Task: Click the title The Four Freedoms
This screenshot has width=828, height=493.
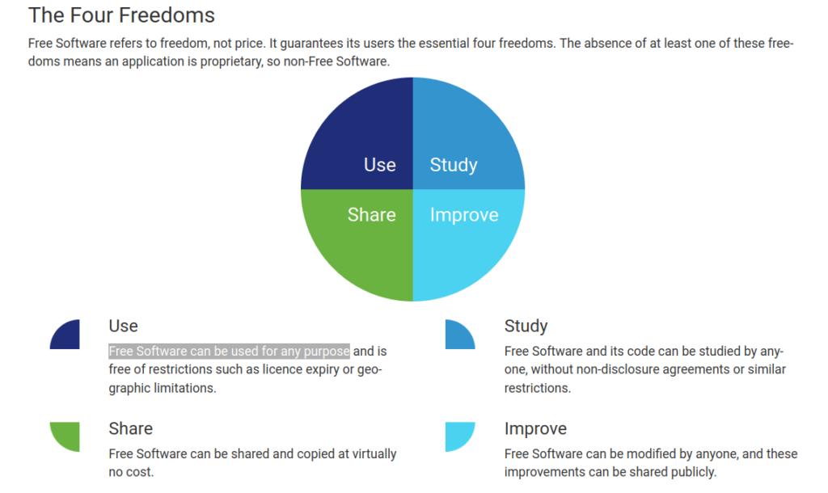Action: tap(121, 15)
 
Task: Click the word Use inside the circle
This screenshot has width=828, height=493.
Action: tap(380, 165)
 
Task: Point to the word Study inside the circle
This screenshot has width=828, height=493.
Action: tap(454, 165)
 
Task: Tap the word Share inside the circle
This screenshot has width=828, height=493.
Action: tap(372, 215)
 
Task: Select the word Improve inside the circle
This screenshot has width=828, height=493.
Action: tap(464, 215)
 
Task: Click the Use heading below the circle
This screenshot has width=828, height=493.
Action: tap(123, 326)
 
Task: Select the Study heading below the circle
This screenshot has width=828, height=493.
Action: tap(526, 327)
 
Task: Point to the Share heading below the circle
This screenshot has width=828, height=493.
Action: tap(130, 428)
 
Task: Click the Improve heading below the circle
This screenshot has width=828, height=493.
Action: tap(535, 429)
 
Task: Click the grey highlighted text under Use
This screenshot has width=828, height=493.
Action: tap(229, 351)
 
